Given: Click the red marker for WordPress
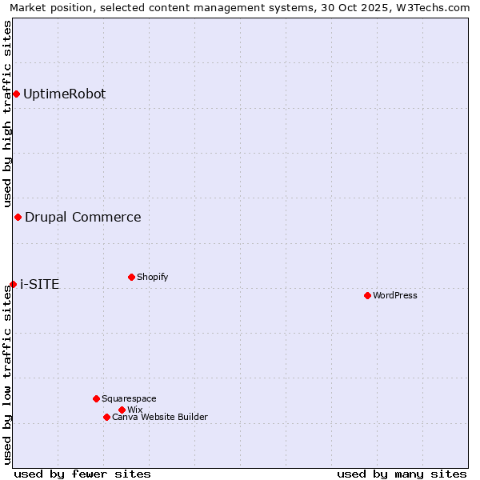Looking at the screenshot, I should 367,295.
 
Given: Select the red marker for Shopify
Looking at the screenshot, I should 131,277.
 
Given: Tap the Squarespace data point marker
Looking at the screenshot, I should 96,398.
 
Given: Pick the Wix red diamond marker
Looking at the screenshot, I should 122,410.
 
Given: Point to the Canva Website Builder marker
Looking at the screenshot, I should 106,417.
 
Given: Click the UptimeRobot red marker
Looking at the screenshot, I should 16,94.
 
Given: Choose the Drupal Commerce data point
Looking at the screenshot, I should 18,217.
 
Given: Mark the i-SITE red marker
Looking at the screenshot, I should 13,284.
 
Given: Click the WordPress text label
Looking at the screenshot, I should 395,295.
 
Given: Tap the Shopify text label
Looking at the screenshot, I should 153,277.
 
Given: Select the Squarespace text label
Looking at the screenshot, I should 129,398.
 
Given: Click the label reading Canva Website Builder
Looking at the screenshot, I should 160,417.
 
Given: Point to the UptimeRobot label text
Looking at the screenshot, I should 64,94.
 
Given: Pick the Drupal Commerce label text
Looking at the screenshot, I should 82,217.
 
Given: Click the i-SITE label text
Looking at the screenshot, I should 39,284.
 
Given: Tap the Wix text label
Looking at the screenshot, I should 134,410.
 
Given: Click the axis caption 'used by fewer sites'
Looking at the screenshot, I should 82,474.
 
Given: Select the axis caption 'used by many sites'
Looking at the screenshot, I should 402,474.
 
